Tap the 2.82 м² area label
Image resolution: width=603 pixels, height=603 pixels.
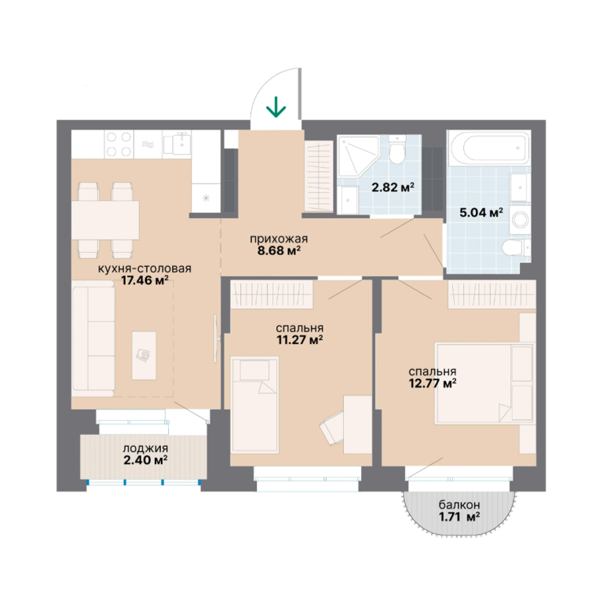(393, 188)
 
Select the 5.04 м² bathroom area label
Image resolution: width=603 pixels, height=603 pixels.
(481, 212)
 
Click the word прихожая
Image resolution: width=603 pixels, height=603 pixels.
(279, 239)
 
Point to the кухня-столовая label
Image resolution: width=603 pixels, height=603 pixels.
(144, 268)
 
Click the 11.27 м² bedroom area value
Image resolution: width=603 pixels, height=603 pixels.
(300, 340)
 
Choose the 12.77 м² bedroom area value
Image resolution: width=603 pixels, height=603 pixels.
(433, 383)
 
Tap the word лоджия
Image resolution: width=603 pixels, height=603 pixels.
(145, 448)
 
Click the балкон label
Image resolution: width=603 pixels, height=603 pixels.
(459, 504)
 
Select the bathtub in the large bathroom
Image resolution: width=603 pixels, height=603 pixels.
(488, 148)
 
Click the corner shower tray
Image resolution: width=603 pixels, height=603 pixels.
(358, 156)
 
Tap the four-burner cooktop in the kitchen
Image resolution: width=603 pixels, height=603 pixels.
(119, 144)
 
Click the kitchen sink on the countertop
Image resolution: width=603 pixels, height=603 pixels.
(177, 144)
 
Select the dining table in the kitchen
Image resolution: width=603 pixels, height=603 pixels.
(105, 221)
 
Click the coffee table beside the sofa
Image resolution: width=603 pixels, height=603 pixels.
(144, 356)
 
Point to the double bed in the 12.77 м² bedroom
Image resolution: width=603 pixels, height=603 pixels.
(484, 384)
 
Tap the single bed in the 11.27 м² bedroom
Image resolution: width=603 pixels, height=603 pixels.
(254, 404)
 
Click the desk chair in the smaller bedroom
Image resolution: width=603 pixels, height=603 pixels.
(331, 427)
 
